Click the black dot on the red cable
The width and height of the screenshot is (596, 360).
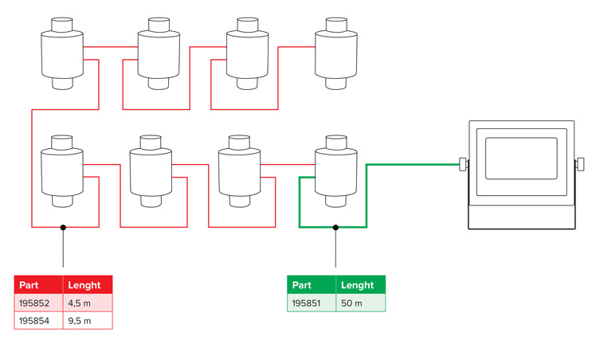(63, 227)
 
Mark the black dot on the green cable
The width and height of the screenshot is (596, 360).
(335, 227)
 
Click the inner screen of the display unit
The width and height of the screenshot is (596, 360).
(521, 158)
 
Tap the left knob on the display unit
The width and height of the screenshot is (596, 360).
(462, 165)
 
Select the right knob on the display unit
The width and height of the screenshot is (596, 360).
(579, 165)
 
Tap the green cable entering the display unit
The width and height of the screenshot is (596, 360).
(414, 164)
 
